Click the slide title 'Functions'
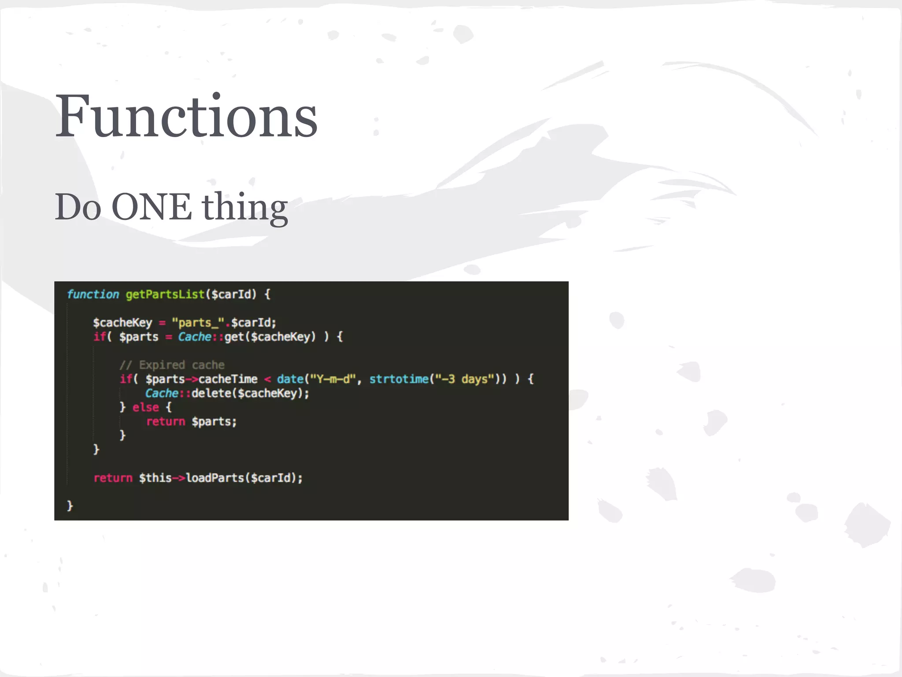click(186, 116)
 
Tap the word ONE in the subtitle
click(152, 207)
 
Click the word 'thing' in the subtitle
click(245, 208)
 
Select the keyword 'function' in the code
click(93, 294)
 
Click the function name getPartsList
click(165, 294)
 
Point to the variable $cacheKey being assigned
click(122, 323)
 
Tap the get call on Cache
click(234, 337)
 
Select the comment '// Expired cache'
click(172, 365)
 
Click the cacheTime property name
click(228, 379)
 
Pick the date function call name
click(290, 379)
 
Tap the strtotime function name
click(399, 379)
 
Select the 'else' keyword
click(146, 407)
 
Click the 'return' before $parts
click(166, 421)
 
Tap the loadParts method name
click(214, 478)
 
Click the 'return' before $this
click(113, 478)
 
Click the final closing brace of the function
click(70, 506)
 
